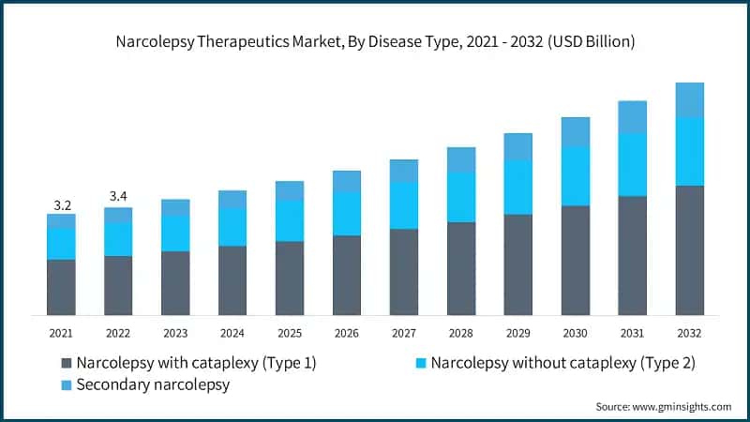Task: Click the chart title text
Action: tap(375, 41)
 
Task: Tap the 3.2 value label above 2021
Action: tap(62, 203)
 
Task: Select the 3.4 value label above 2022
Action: tap(118, 196)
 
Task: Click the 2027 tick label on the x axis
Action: tap(403, 332)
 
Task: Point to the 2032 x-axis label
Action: tap(689, 332)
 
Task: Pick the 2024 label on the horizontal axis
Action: tap(232, 332)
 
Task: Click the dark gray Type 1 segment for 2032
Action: tap(689, 250)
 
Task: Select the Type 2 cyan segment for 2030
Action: tap(575, 175)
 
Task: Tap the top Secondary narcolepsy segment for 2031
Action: tap(632, 116)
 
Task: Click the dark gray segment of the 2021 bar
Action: tap(62, 287)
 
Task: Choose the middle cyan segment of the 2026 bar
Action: tap(347, 213)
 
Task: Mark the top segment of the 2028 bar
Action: tap(460, 159)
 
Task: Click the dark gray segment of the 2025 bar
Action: tap(290, 278)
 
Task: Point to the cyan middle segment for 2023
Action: tap(175, 233)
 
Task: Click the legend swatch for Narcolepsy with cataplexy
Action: tap(66, 362)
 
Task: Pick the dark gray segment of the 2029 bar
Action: tap(517, 264)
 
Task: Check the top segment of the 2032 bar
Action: tap(689, 99)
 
